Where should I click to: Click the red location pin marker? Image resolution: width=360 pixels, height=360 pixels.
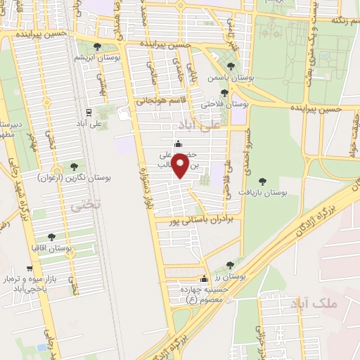[x=181, y=166]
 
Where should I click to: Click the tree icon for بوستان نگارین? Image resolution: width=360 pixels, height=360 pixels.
[x=74, y=167]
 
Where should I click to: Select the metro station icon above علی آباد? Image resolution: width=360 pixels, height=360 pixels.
[x=88, y=112]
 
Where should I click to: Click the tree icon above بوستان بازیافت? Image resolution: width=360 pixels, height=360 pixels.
[x=263, y=181]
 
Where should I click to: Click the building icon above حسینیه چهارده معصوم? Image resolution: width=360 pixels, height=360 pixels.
[x=205, y=278]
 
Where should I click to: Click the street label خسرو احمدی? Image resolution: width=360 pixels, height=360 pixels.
[x=247, y=147]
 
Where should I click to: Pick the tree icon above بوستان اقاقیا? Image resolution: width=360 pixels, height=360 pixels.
[x=51, y=238]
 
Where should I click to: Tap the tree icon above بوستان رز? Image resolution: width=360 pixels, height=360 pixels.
[x=230, y=265]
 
